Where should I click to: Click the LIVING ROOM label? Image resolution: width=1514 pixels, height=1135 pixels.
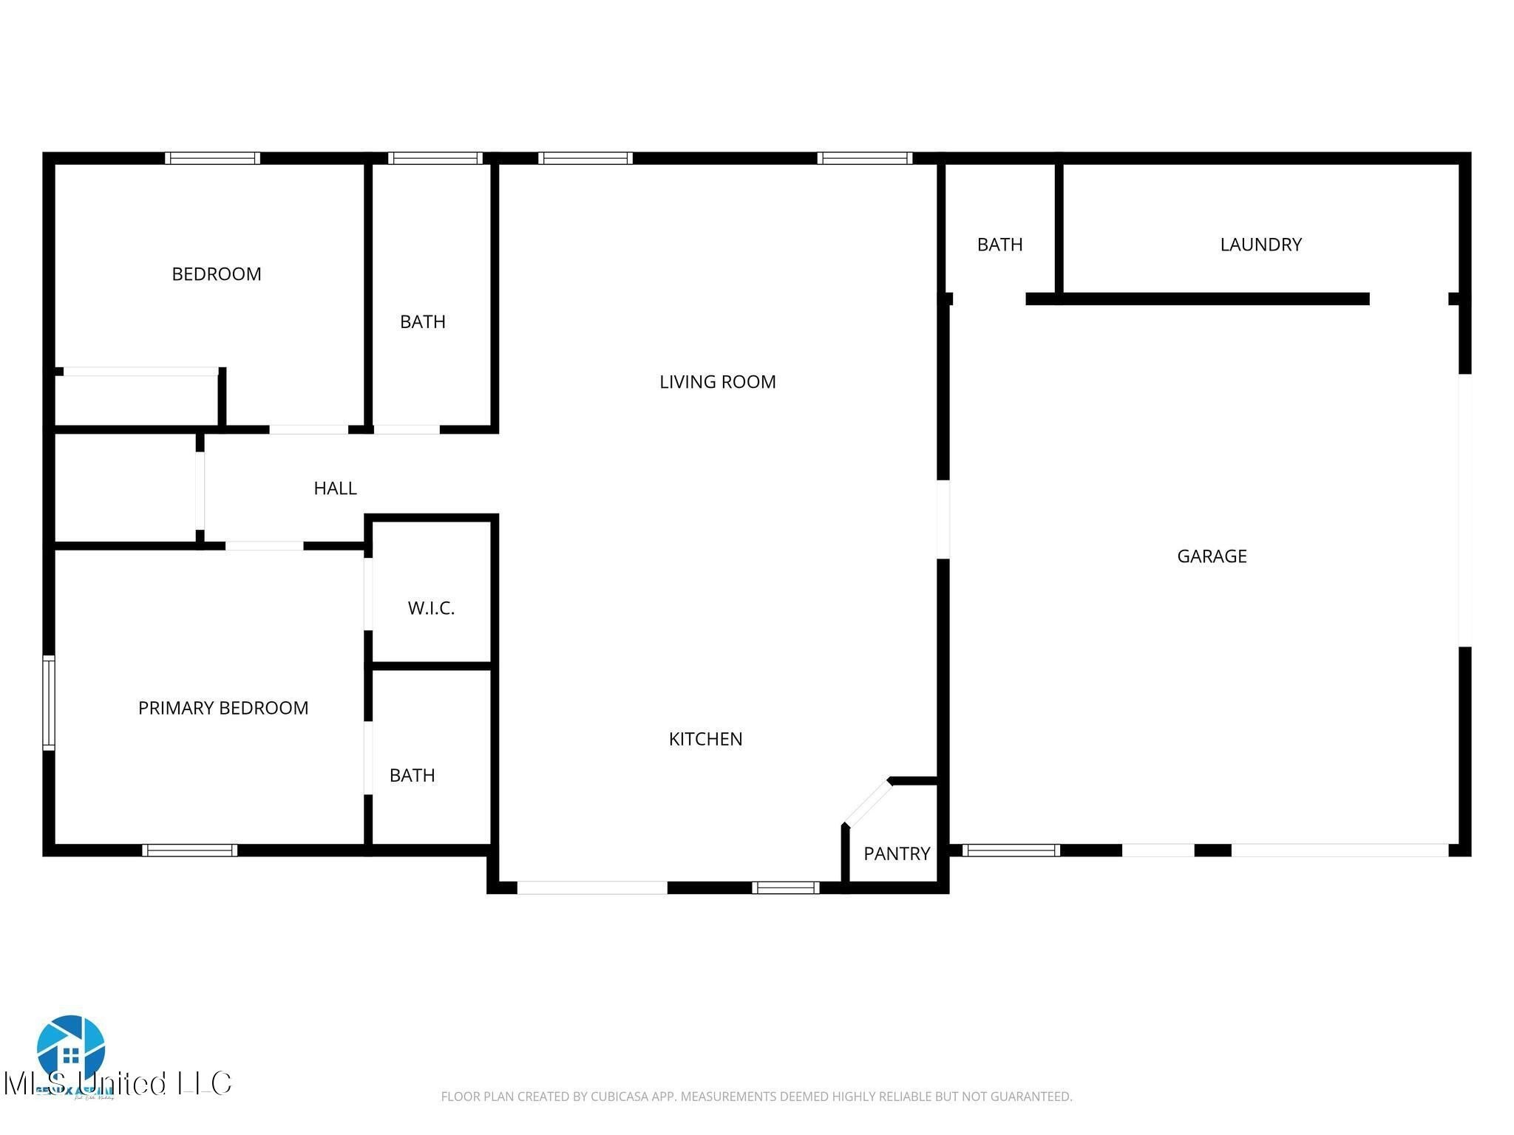point(717,382)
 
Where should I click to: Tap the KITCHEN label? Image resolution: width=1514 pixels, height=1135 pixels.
point(705,739)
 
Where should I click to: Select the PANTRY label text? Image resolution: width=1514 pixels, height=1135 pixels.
point(896,853)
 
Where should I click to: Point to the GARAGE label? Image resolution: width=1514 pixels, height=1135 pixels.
point(1212,556)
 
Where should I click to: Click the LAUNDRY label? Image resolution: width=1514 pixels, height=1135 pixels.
point(1260,245)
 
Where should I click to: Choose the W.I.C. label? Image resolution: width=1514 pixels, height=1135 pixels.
point(431,608)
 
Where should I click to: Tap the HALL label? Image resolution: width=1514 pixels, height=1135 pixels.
point(335,488)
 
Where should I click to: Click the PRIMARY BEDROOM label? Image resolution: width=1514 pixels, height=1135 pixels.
point(223,708)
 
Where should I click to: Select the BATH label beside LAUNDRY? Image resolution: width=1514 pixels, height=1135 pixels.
point(999,245)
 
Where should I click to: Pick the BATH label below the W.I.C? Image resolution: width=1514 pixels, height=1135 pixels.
point(412,775)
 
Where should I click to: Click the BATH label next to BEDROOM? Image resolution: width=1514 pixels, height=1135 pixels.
point(422,322)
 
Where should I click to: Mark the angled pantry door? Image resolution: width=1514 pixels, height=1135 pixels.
point(868,802)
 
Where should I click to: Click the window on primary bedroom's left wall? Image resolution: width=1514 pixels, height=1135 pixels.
point(49,703)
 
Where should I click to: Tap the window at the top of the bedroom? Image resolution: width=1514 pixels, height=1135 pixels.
point(212,158)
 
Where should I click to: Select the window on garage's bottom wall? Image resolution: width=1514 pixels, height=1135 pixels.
point(1011,851)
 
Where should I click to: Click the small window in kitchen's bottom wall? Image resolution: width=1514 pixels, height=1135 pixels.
point(785,887)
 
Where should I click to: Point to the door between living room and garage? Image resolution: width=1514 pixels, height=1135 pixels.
point(943,519)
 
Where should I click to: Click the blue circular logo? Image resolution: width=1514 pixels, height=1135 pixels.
point(71,1049)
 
